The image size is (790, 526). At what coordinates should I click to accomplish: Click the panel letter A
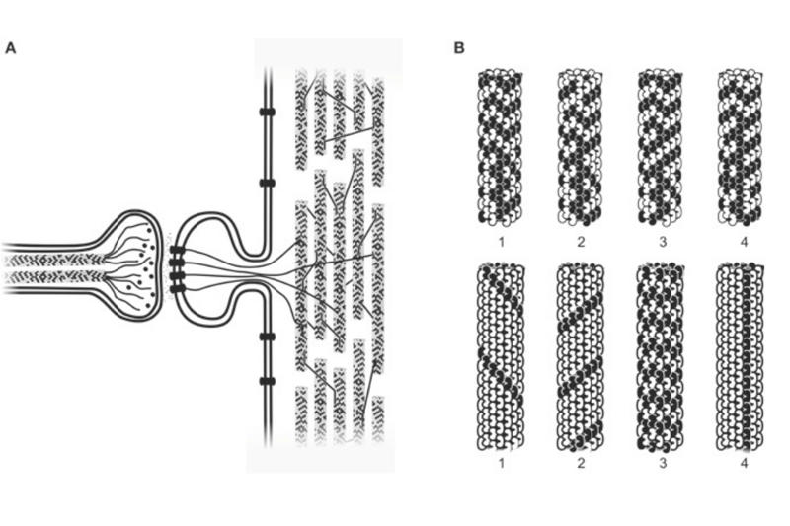(11, 48)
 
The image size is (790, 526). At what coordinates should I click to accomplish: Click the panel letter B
(459, 48)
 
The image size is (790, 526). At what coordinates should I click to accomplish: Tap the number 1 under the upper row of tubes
(502, 242)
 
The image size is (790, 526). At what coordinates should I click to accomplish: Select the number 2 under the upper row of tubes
(581, 242)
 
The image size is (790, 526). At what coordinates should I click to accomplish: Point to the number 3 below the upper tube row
(663, 242)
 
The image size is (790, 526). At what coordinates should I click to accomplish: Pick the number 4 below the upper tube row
(745, 242)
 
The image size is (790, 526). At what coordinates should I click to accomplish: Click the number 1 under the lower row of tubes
(502, 463)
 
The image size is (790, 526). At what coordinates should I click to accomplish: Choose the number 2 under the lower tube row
(581, 463)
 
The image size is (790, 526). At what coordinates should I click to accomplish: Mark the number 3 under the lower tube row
(663, 463)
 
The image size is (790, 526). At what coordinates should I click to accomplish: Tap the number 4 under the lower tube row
(745, 463)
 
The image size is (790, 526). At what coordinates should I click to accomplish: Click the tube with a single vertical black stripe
(740, 357)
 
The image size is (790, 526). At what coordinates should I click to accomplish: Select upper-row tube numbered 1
(501, 147)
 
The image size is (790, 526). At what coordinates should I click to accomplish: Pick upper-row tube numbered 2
(580, 147)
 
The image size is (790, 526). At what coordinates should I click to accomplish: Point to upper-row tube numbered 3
(661, 147)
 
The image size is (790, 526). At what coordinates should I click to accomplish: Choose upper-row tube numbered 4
(741, 147)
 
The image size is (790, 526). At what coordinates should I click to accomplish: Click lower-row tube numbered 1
(502, 357)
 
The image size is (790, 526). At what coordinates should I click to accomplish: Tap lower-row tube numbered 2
(581, 357)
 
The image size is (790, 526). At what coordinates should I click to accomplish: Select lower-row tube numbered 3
(661, 357)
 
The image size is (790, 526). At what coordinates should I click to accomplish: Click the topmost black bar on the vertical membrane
(268, 112)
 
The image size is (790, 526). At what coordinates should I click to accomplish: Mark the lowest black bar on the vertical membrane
(268, 381)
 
